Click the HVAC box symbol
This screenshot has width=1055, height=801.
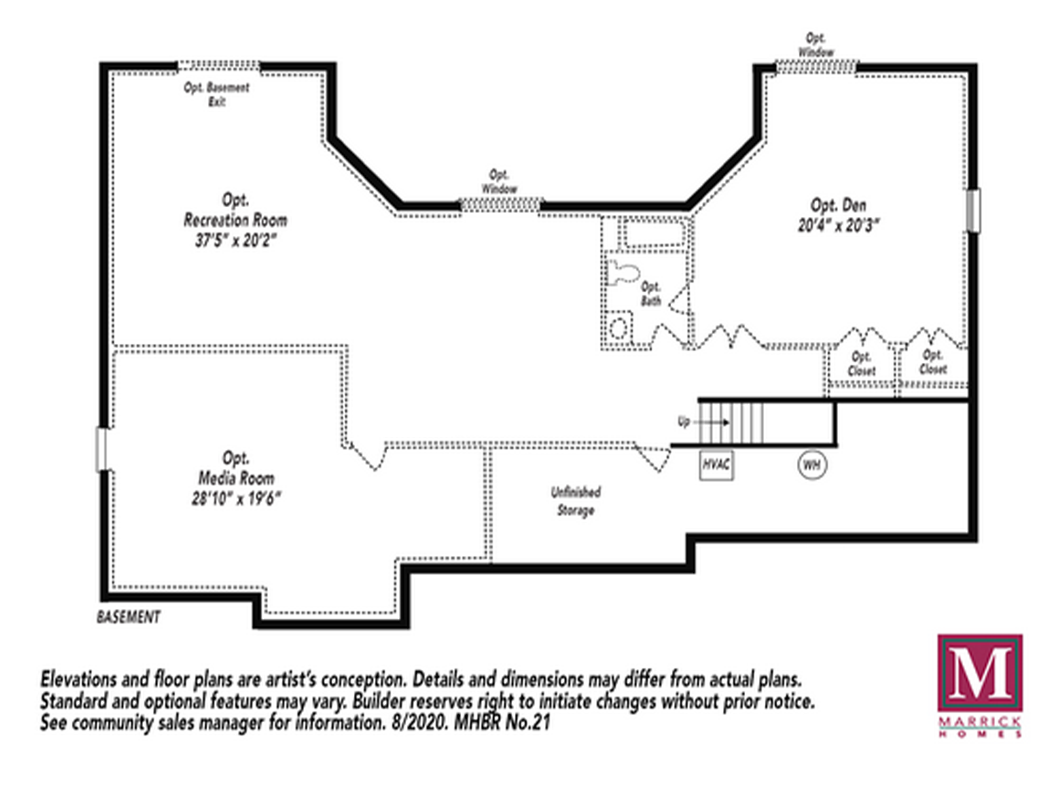click(716, 465)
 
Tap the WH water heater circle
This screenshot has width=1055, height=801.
click(811, 465)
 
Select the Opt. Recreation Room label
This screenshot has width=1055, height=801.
click(235, 210)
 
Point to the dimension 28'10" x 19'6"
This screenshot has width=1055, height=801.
click(237, 499)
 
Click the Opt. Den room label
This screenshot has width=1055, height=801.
click(838, 205)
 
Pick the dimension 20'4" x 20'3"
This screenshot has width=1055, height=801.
click(838, 225)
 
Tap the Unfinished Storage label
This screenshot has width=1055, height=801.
click(576, 501)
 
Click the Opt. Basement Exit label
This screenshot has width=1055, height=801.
click(216, 94)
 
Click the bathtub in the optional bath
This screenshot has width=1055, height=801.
click(654, 233)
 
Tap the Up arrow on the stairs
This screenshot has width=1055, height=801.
click(713, 422)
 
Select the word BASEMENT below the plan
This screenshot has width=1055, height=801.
click(128, 617)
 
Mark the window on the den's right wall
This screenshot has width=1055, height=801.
click(973, 210)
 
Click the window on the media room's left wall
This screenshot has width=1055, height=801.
click(103, 449)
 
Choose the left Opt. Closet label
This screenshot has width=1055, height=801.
click(861, 364)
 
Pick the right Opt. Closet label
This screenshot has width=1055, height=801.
click(933, 362)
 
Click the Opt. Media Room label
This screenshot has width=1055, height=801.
click(237, 468)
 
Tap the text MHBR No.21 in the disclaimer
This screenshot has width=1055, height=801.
click(502, 722)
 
